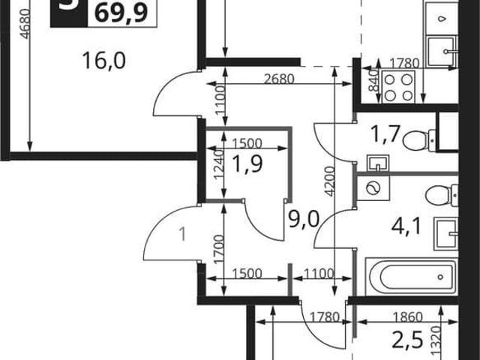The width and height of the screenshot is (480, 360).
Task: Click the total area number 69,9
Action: (121, 13)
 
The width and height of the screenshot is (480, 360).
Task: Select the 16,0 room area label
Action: (104, 61)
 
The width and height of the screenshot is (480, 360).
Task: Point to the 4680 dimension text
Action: (25, 24)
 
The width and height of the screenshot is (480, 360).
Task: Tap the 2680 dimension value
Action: (279, 79)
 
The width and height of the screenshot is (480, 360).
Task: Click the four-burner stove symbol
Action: (398, 88)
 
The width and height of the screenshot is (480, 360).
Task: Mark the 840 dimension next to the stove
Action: (373, 80)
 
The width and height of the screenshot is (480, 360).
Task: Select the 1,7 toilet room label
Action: (385, 135)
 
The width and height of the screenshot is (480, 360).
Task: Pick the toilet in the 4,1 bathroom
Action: (442, 195)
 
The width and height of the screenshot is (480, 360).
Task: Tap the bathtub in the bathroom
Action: (412, 277)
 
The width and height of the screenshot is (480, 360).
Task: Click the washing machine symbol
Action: (373, 187)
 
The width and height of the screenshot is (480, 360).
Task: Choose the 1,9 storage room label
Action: (247, 164)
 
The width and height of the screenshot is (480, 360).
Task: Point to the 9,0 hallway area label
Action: (304, 219)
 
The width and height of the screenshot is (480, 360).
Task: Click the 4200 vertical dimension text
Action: (329, 181)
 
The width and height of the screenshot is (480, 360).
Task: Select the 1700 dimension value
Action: (218, 249)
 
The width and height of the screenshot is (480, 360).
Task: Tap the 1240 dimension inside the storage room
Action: (218, 165)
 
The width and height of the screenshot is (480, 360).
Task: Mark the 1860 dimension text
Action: (408, 317)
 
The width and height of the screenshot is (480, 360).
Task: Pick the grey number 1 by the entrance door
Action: (183, 235)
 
